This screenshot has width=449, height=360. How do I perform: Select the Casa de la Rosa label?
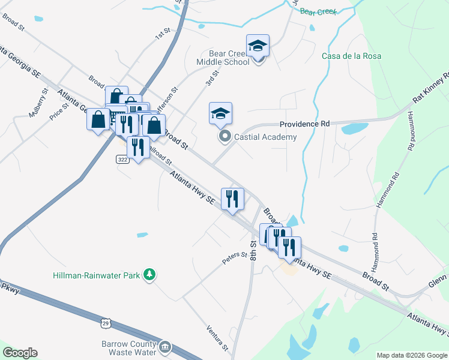351,56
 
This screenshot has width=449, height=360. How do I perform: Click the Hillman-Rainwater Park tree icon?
148,275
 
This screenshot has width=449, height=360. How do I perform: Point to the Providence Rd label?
305,124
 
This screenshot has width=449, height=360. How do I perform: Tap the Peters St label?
235,256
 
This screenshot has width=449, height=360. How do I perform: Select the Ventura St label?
217,338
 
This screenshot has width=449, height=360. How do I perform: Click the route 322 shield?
122,159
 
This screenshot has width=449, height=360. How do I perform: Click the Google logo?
19,353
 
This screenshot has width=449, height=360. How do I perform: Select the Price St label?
59,110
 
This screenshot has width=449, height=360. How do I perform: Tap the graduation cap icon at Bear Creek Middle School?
258,46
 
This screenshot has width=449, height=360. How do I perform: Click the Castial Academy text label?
265,137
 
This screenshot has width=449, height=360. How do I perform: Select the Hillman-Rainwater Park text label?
97,275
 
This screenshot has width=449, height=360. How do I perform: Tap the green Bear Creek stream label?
318,11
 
